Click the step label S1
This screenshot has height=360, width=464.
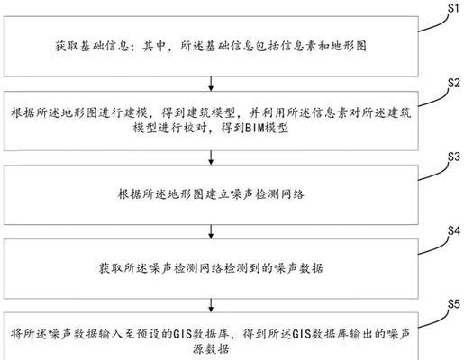click(x=453, y=8)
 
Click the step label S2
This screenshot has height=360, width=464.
click(x=453, y=83)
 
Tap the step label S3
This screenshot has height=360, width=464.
click(x=453, y=157)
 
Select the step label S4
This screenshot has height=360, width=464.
click(x=453, y=231)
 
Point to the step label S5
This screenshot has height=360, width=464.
click(x=453, y=304)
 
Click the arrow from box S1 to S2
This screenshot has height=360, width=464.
click(x=211, y=84)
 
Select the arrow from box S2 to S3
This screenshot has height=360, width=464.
click(x=211, y=157)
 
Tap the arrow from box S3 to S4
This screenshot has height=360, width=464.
click(x=211, y=232)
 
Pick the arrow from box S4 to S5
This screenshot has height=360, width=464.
click(x=211, y=305)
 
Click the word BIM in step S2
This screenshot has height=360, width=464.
click(x=254, y=128)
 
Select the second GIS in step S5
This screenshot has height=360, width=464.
click(x=303, y=334)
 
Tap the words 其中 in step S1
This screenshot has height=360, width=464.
click(x=154, y=46)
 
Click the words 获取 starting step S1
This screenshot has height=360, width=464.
click(x=67, y=46)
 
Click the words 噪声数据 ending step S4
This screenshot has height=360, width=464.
click(x=299, y=268)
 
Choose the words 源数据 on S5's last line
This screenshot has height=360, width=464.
click(x=211, y=348)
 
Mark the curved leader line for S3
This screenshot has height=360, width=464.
click(x=434, y=174)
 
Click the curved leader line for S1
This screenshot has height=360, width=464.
click(x=434, y=24)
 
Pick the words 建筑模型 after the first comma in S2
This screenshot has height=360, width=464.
click(x=212, y=113)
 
